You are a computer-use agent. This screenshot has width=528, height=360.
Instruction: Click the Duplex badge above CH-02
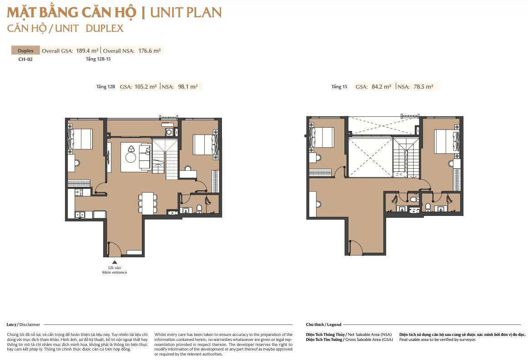tap(25, 50)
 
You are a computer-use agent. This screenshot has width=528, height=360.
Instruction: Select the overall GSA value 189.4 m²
tap(87, 51)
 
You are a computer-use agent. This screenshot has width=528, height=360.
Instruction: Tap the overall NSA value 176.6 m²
tap(150, 51)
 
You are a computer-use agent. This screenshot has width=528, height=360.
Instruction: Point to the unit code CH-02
tap(25, 59)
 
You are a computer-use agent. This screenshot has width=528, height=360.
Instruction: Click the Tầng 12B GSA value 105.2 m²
tap(146, 86)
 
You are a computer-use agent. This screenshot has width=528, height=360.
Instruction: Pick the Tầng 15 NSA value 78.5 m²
tap(423, 86)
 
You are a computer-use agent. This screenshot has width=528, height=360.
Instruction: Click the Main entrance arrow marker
tap(115, 262)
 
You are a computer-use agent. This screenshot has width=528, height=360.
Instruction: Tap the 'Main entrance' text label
tap(115, 273)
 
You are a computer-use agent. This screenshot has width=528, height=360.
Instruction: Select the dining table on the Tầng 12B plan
tap(147, 203)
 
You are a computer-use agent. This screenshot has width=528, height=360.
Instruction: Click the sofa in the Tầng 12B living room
tap(145, 156)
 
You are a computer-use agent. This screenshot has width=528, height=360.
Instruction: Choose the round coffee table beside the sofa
tap(131, 157)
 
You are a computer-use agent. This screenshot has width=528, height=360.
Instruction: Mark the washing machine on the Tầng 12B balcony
tap(169, 132)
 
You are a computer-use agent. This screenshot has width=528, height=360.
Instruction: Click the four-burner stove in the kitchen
tap(79, 192)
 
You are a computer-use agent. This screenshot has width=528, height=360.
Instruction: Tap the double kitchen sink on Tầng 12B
tap(80, 214)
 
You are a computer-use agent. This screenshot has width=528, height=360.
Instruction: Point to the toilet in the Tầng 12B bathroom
tap(199, 209)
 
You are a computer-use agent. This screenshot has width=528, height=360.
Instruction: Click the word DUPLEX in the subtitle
tap(105, 28)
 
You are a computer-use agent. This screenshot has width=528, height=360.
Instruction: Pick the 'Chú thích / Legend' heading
tap(324, 325)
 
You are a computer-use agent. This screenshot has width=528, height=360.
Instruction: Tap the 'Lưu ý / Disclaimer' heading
tap(23, 325)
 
